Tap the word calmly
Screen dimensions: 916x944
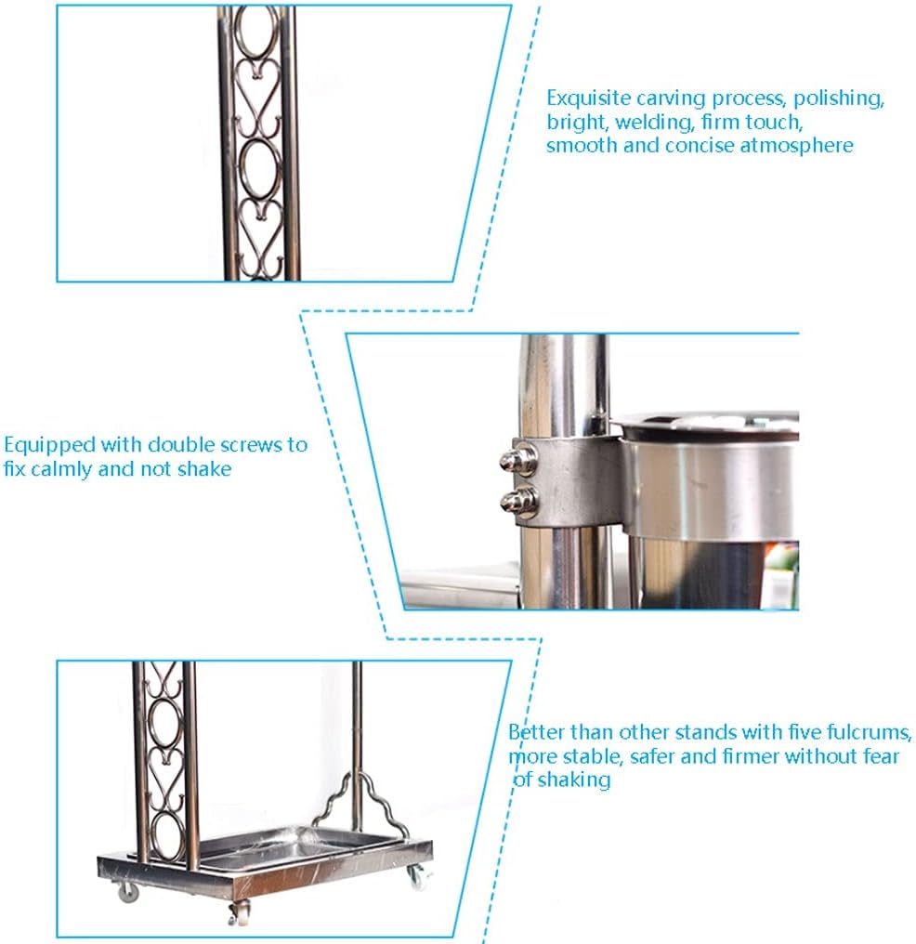60,469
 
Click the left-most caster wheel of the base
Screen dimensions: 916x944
128,891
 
